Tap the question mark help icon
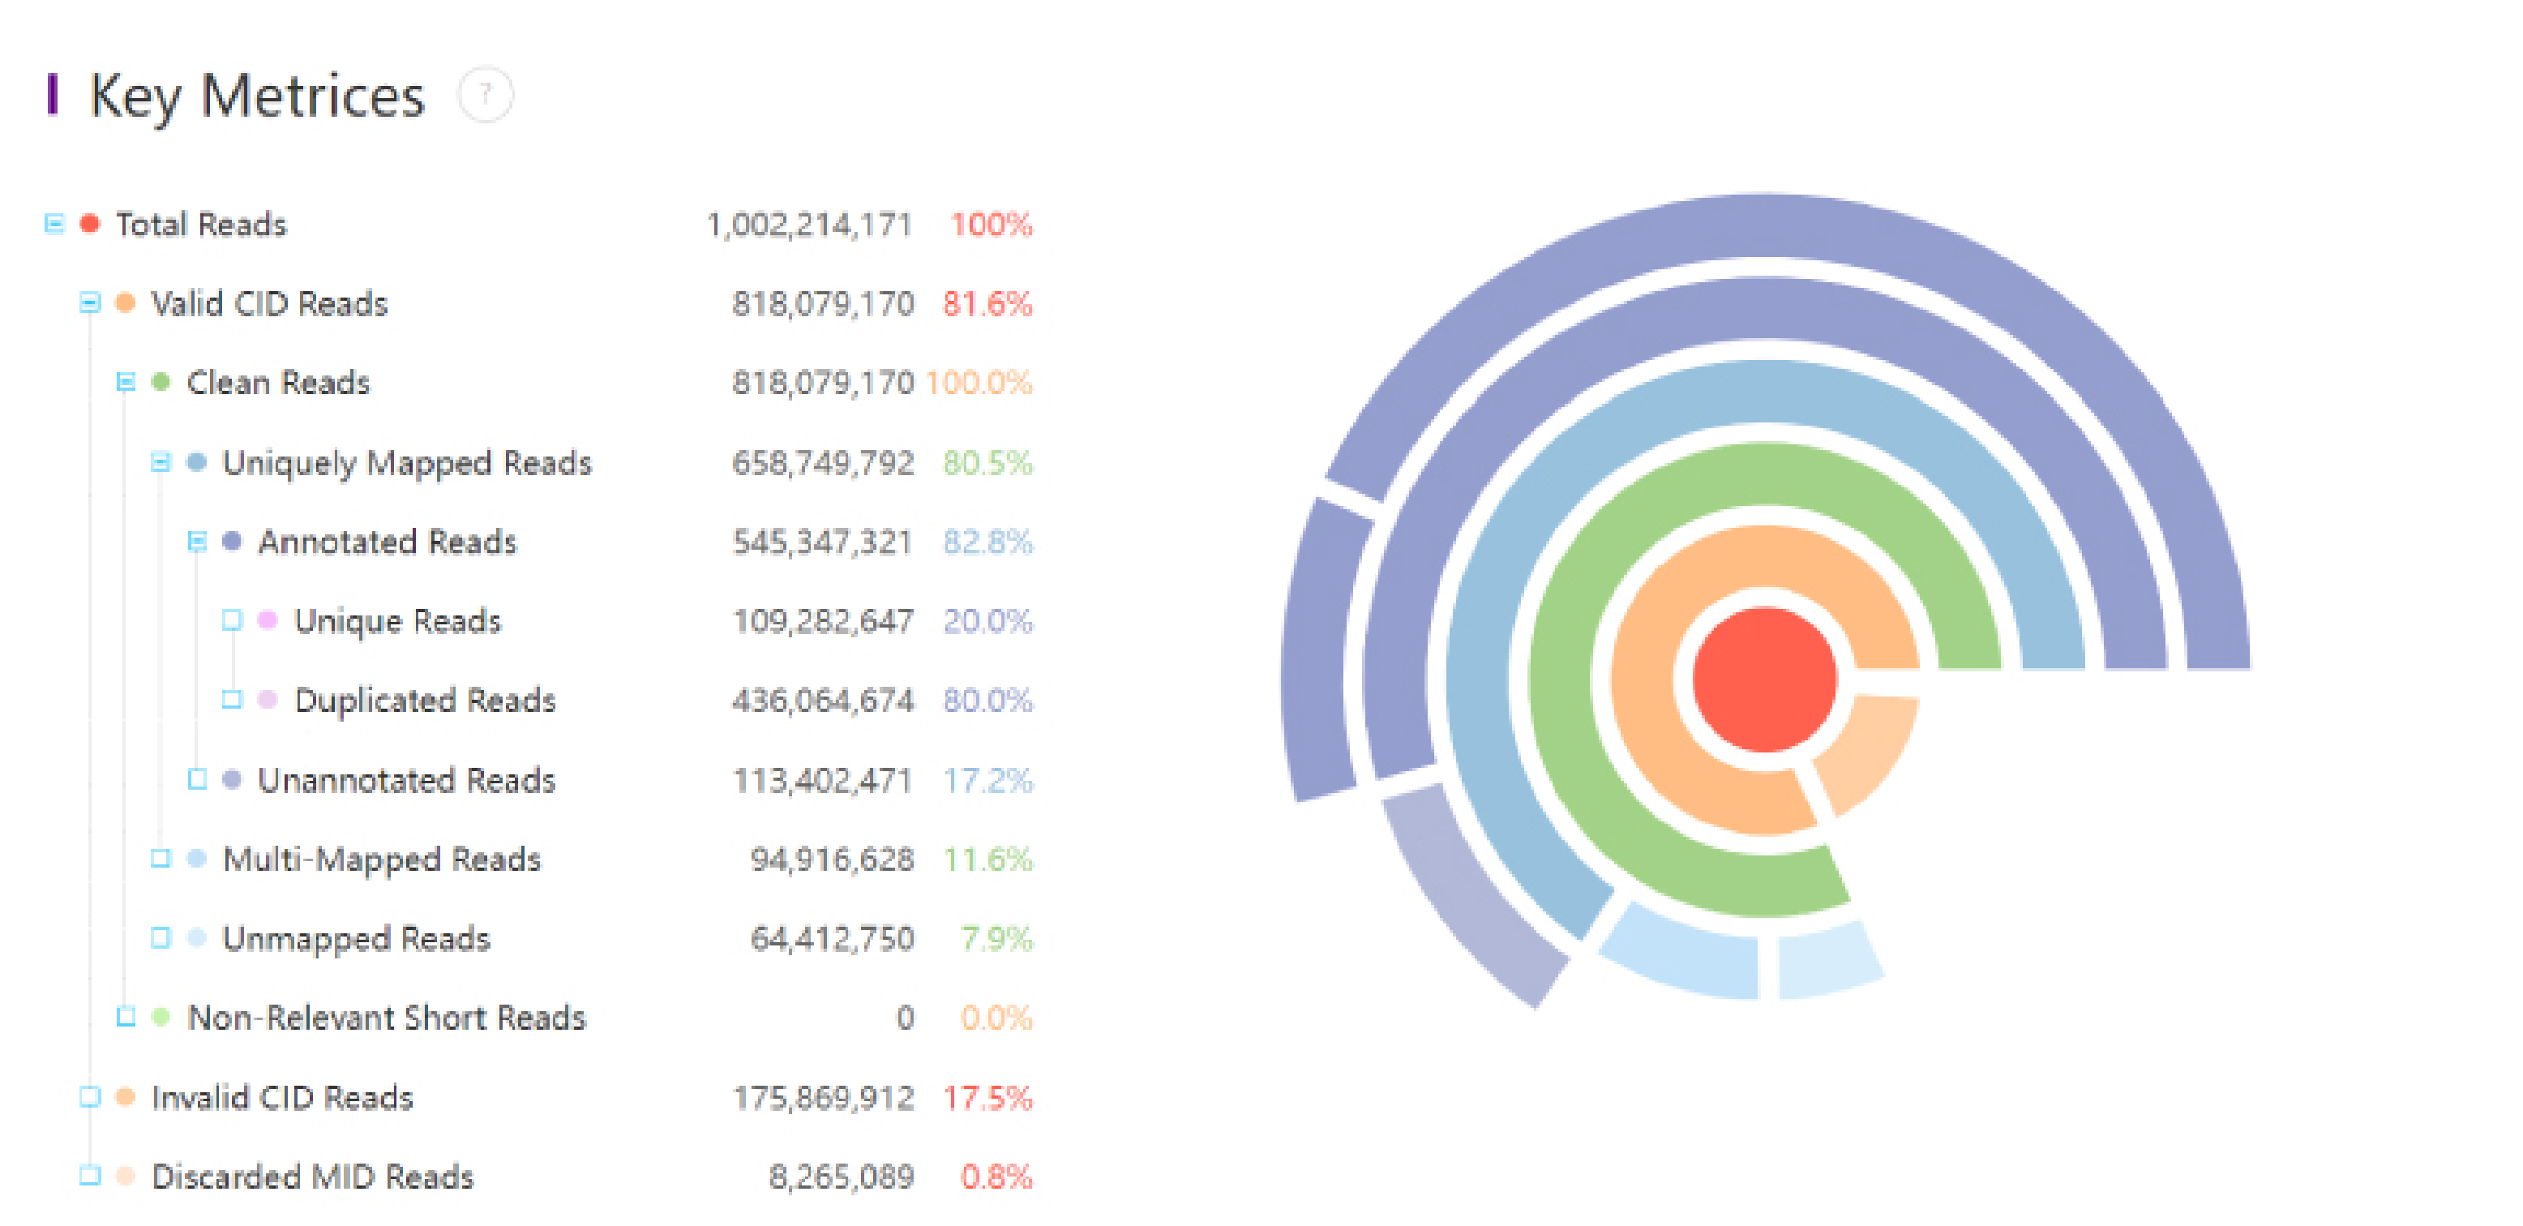(485, 95)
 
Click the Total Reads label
(201, 225)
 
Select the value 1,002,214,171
(809, 225)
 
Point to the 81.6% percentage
(987, 303)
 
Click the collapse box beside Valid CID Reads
(90, 302)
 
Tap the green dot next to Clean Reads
(161, 382)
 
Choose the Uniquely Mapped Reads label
(406, 462)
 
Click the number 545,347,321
(823, 542)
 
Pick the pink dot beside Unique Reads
(268, 619)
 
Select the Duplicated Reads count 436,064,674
(823, 700)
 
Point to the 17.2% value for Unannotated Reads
(987, 781)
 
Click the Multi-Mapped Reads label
(382, 859)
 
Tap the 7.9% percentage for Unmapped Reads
(996, 938)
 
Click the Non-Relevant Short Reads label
(386, 1018)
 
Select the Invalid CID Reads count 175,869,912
(823, 1098)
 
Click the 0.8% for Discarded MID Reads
(996, 1176)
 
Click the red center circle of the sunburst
(1764, 679)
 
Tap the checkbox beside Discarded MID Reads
(90, 1175)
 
